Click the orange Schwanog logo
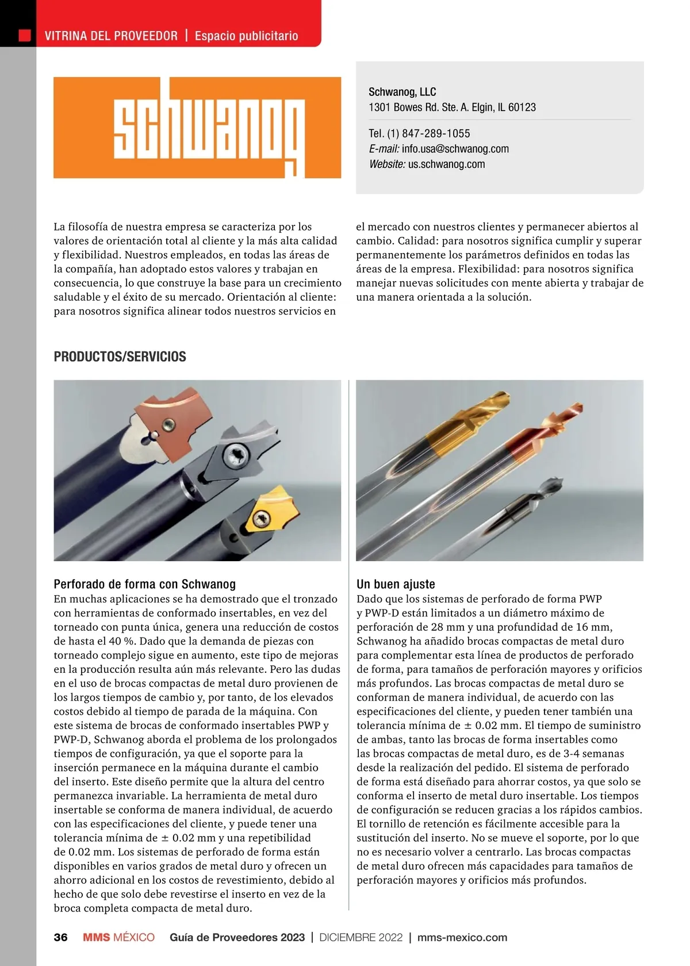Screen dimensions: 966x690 pyautogui.click(x=197, y=127)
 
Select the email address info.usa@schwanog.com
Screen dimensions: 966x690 pyautogui.click(x=455, y=149)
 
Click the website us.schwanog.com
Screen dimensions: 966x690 pyautogui.click(x=446, y=164)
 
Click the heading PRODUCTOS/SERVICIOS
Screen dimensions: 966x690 pyautogui.click(x=120, y=356)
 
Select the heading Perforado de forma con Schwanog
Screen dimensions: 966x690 pyautogui.click(x=144, y=584)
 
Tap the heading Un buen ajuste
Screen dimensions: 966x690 pyautogui.click(x=396, y=584)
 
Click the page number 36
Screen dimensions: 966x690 pyautogui.click(x=60, y=937)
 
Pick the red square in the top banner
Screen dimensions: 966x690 pyautogui.click(x=24, y=36)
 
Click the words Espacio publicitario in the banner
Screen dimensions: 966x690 pyautogui.click(x=246, y=36)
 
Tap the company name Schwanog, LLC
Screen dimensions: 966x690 pyautogui.click(x=402, y=92)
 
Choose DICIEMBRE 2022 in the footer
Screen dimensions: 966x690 pyautogui.click(x=361, y=937)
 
